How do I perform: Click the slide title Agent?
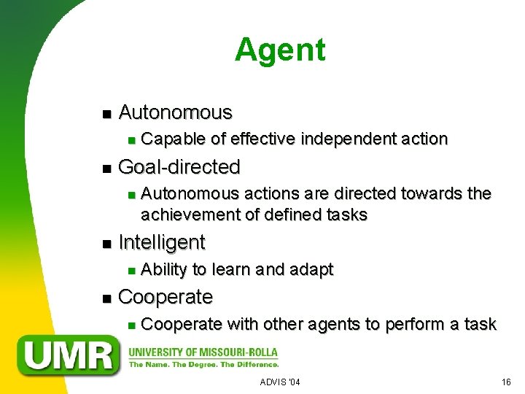(280, 50)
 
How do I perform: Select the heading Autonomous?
(175, 112)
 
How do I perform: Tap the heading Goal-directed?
(179, 167)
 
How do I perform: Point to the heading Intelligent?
(161, 242)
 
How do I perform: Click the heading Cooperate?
(165, 297)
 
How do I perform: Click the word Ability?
(164, 269)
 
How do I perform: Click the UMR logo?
(69, 355)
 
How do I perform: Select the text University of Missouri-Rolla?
(204, 349)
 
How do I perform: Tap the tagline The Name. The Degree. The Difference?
(204, 363)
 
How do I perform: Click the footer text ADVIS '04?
(280, 382)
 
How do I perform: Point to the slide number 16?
(506, 382)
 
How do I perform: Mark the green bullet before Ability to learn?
(130, 271)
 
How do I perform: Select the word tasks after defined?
(346, 215)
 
